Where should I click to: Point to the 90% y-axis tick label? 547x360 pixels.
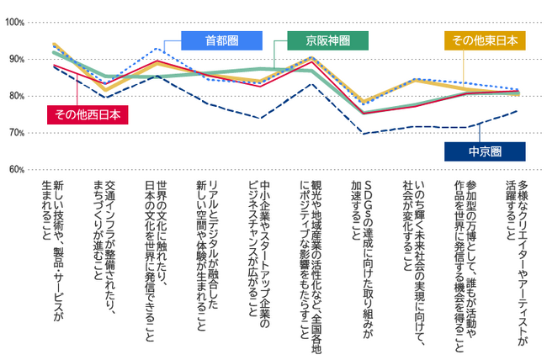(x=16, y=59)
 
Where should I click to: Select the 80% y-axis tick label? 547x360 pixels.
(x=16, y=96)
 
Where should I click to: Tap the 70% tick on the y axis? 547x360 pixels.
(x=16, y=133)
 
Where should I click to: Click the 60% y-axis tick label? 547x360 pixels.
(x=16, y=170)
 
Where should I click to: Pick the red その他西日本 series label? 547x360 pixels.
(x=88, y=114)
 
